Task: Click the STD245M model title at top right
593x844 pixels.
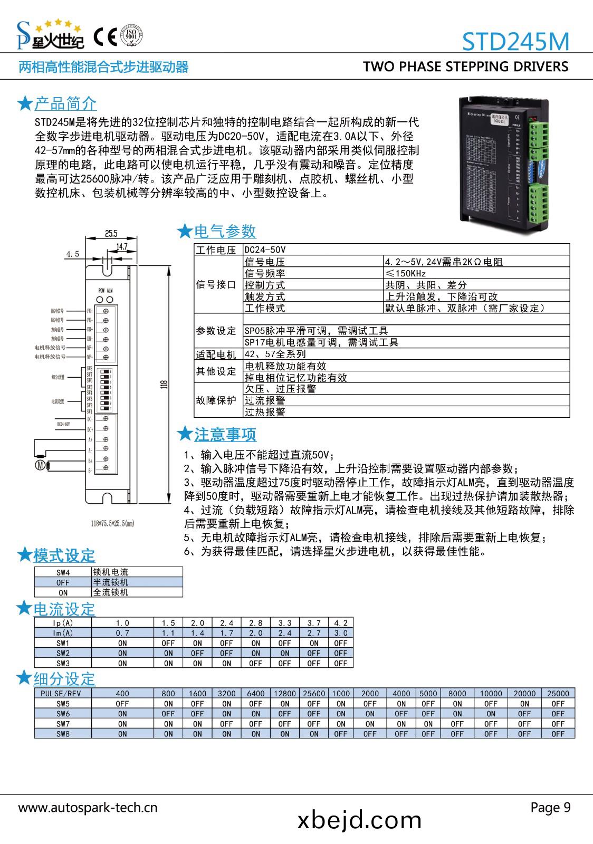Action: pyautogui.click(x=515, y=41)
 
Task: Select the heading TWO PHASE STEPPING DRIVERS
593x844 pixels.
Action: pyautogui.click(x=465, y=66)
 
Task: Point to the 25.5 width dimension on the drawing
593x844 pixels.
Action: pyautogui.click(x=111, y=233)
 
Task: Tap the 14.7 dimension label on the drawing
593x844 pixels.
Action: pyautogui.click(x=121, y=246)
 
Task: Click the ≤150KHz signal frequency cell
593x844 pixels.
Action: pyautogui.click(x=406, y=273)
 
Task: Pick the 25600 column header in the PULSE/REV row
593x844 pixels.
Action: pyautogui.click(x=313, y=693)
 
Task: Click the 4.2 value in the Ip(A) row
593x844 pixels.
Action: pyautogui.click(x=341, y=623)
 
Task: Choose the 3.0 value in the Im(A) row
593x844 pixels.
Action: pyautogui.click(x=341, y=633)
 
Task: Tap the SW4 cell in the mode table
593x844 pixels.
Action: pyautogui.click(x=63, y=572)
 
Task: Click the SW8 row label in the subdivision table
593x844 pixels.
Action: pyautogui.click(x=63, y=734)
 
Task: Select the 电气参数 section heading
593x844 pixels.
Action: pyautogui.click(x=225, y=231)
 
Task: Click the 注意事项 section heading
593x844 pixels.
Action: pyautogui.click(x=225, y=435)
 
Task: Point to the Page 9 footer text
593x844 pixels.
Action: pyautogui.click(x=550, y=808)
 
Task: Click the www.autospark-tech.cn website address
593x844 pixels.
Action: pyautogui.click(x=88, y=808)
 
